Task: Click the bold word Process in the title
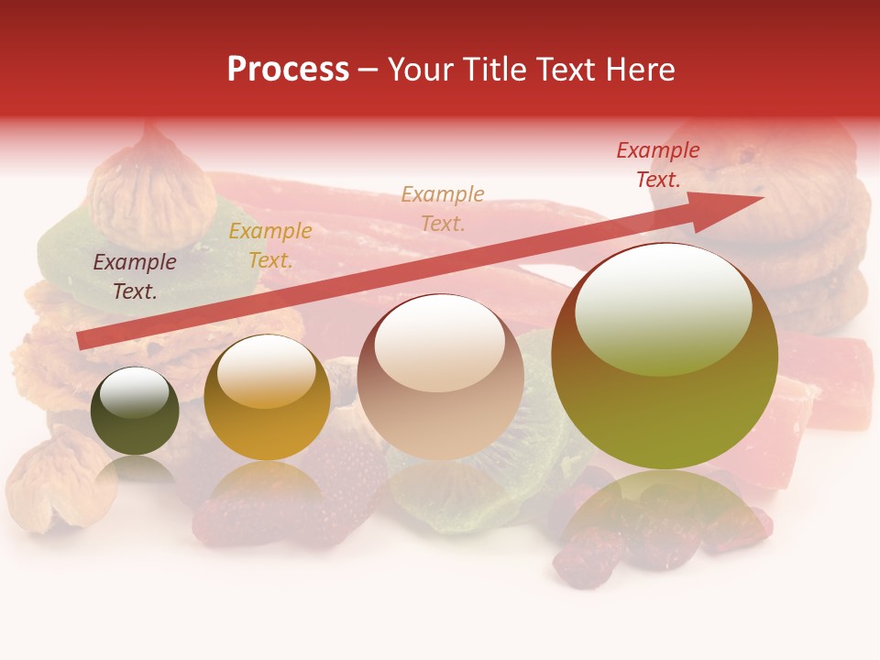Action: click(288, 70)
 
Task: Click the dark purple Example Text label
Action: click(135, 277)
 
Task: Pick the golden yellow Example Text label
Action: click(270, 246)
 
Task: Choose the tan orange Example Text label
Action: click(443, 208)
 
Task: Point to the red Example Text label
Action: click(658, 165)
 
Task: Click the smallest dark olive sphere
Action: click(135, 412)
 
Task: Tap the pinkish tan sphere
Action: click(441, 377)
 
